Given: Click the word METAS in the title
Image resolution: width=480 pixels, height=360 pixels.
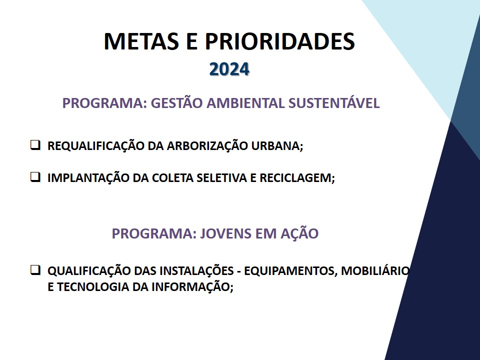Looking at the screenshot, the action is [141, 41].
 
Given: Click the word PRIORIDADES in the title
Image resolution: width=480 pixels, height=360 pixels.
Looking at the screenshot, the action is [280, 41].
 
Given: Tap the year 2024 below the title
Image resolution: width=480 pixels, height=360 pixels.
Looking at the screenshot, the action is [229, 69].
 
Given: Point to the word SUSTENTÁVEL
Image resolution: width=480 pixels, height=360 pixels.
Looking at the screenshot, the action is [334, 102].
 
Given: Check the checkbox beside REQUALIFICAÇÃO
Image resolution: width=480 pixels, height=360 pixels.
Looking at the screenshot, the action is [35, 145].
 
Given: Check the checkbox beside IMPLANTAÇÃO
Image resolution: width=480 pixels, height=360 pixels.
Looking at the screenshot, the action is [35, 177].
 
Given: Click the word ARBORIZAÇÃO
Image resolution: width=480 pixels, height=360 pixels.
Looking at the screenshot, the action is [207, 146].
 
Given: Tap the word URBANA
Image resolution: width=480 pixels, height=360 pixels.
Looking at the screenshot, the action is [276, 146].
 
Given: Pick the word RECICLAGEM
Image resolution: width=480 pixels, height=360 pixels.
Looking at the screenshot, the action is [295, 178].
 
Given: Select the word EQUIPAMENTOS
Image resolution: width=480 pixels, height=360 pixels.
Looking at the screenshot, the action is [290, 271].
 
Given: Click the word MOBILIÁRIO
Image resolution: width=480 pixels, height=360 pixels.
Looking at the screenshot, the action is [375, 270].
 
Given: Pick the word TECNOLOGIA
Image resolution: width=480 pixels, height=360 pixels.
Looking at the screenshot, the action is [93, 287].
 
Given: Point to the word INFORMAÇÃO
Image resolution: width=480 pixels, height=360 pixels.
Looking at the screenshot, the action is [190, 287].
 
